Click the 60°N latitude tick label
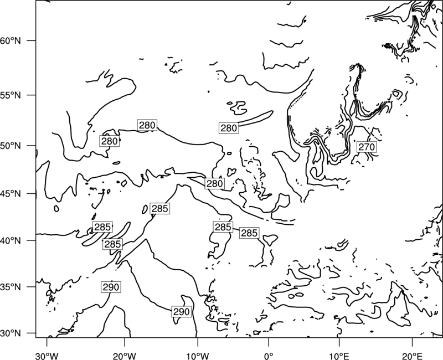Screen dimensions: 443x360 point(11,40)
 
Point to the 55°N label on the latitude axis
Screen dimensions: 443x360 point(11,95)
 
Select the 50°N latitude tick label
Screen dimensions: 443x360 point(11,146)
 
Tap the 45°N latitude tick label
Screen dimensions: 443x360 point(11,193)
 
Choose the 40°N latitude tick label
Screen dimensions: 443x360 point(11,240)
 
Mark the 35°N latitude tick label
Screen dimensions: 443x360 point(11,287)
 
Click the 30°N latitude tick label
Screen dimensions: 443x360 point(11,333)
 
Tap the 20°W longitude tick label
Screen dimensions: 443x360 point(124,356)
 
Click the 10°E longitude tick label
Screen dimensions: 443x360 point(339,356)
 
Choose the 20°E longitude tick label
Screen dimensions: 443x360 point(412,356)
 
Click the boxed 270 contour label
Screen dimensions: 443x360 point(367,147)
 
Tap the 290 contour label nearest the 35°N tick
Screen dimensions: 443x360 point(111,287)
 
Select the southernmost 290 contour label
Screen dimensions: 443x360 point(182,312)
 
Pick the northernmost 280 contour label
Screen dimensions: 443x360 point(147,125)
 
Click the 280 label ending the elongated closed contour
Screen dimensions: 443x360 point(229,128)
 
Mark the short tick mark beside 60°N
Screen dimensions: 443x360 point(32,40)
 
